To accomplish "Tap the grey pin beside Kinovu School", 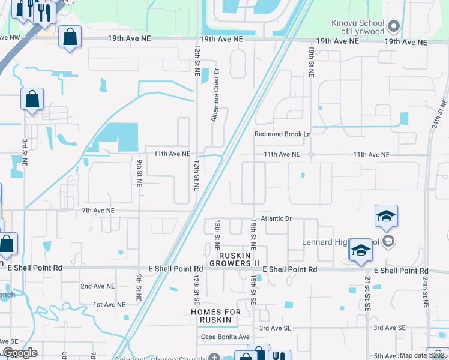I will tap(394, 26).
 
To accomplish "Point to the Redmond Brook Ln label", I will tap(282, 134).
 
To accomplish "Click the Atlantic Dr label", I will tap(276, 219).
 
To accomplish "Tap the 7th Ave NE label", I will tap(98, 211).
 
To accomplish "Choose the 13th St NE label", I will tap(217, 235).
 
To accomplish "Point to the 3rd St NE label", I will tap(25, 153).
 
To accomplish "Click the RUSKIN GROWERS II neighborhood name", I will tap(230, 259).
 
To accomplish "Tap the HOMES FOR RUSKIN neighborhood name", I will tap(215, 316).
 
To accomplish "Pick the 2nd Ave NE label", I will tap(97, 286).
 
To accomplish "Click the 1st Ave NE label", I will tap(109, 304).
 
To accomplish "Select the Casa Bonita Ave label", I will tap(225, 337).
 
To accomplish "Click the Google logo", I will tap(20, 353).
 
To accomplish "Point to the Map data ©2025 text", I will tap(423, 355).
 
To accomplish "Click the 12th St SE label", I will tap(196, 289).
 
